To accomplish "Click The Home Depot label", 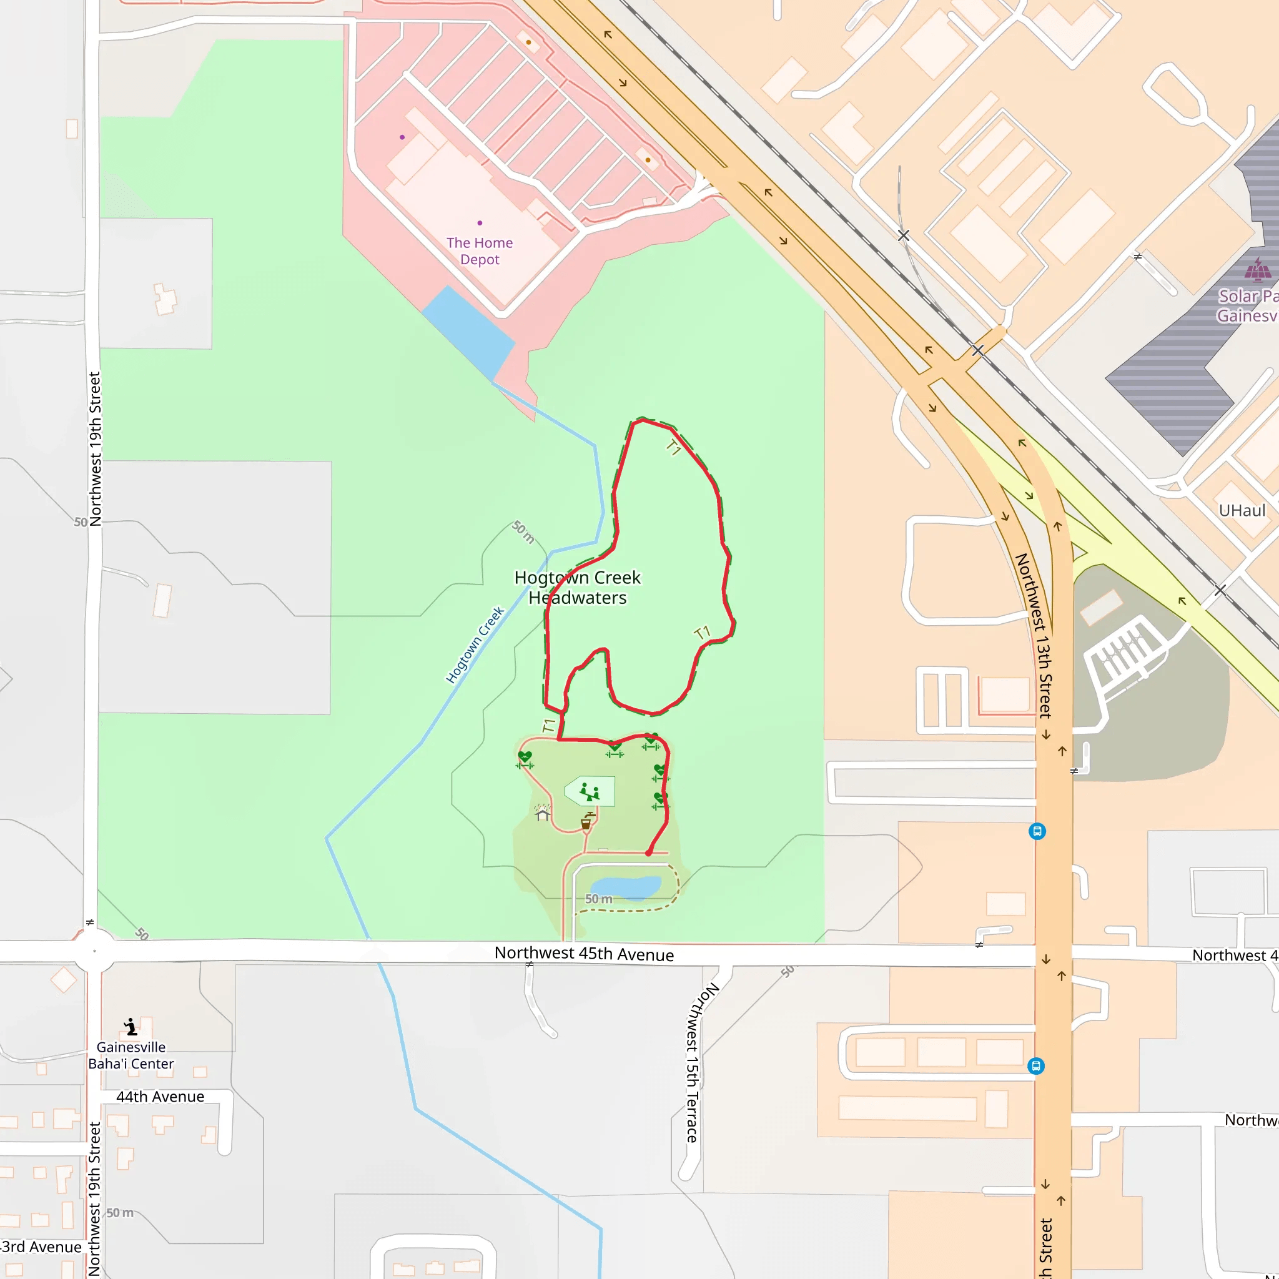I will pos(479,251).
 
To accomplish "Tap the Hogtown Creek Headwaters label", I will pos(577,587).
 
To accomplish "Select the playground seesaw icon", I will pos(589,791).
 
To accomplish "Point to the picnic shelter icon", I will pos(543,813).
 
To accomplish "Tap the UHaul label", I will pos(1242,510).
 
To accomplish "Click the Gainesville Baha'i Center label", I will pos(131,1055).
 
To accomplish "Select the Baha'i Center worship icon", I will pos(131,1027).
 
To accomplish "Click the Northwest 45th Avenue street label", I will pos(584,954).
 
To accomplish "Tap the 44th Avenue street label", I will pos(160,1097).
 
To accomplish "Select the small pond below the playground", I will pos(626,887).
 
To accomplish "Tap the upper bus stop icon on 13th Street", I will pos(1037,831).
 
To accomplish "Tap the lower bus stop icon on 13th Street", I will pos(1036,1066).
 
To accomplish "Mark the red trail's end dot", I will pos(649,853).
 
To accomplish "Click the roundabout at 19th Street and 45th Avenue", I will pos(94,951).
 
